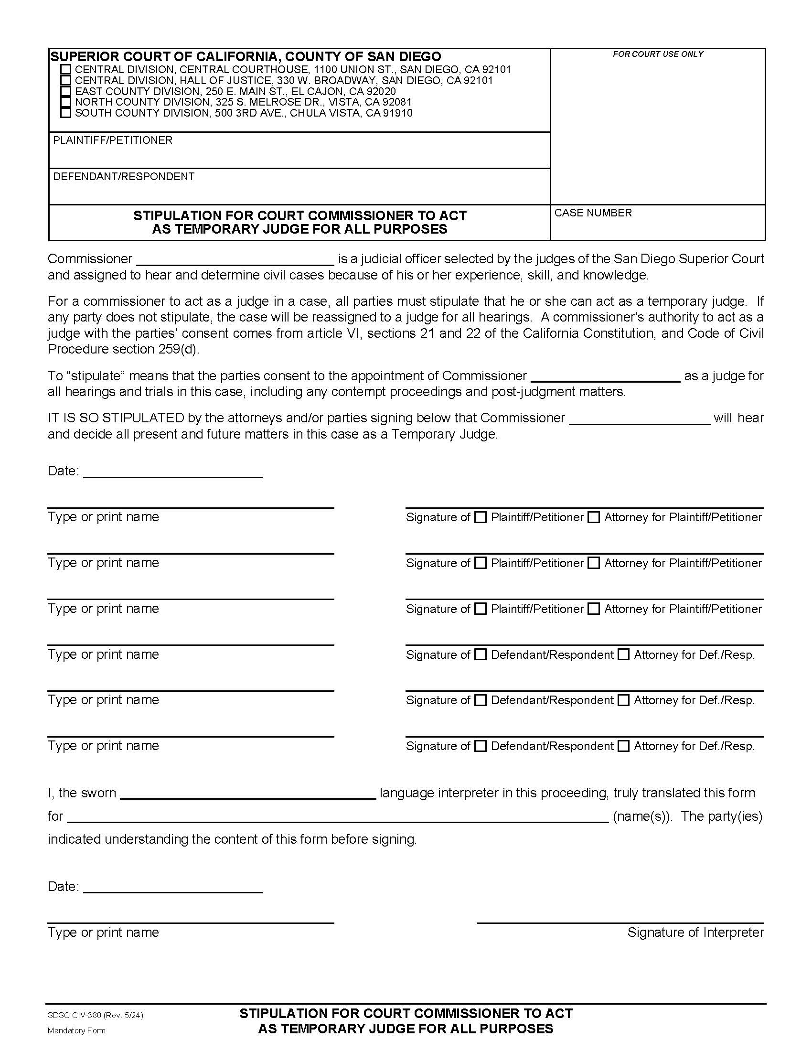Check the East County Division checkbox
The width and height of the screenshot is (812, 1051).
coord(65,91)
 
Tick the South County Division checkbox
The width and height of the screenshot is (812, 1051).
coord(65,113)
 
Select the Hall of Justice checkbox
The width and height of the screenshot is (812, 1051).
coord(65,80)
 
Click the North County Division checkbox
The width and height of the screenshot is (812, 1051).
coord(65,102)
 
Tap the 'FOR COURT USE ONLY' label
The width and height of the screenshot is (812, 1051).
coord(658,54)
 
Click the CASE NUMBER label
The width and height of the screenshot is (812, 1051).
coord(593,213)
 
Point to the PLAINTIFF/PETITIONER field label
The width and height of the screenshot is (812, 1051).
coord(113,140)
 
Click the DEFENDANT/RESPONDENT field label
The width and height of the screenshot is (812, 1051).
coord(124,176)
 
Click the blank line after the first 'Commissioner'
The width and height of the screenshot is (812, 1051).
coord(235,260)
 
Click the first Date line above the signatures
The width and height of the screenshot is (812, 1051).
coord(173,472)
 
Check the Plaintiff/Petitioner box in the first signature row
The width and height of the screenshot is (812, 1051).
coord(480,517)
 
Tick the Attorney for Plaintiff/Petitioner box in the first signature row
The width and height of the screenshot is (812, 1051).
coord(594,517)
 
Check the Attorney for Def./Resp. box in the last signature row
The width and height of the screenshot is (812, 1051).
coord(623,746)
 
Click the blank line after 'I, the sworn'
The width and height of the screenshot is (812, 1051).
coord(248,794)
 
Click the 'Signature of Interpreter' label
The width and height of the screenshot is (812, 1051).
coord(695,933)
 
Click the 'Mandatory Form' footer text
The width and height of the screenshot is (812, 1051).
coord(76,1030)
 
